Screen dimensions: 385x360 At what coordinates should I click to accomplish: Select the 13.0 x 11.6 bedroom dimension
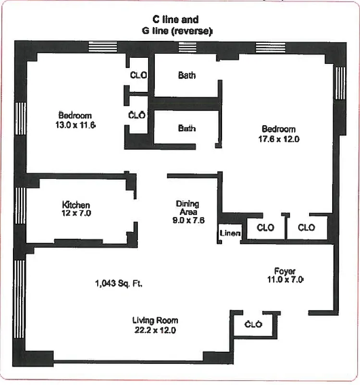[x=76, y=125]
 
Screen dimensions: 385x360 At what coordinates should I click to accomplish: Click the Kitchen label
[x=76, y=205]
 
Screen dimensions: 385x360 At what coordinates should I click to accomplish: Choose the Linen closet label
[x=230, y=233]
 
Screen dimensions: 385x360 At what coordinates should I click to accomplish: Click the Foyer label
[x=285, y=270]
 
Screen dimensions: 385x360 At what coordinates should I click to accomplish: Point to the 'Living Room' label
[x=155, y=321]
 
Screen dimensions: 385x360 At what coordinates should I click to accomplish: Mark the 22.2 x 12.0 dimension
[x=155, y=330]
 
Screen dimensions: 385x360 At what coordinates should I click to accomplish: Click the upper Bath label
[x=186, y=76]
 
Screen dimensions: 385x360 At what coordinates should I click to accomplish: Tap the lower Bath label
[x=186, y=128]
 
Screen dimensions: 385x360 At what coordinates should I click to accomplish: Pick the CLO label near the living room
[x=253, y=324]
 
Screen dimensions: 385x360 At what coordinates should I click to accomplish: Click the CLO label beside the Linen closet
[x=265, y=228]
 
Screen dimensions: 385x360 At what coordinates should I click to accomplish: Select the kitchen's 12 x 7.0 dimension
[x=76, y=213]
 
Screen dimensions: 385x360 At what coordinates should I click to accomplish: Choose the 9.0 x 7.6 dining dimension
[x=187, y=221]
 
